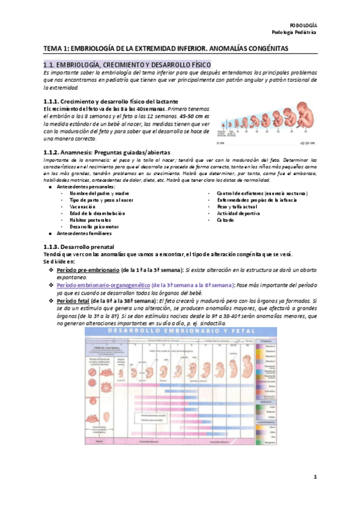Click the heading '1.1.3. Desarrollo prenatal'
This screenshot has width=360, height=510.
coord(84,247)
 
